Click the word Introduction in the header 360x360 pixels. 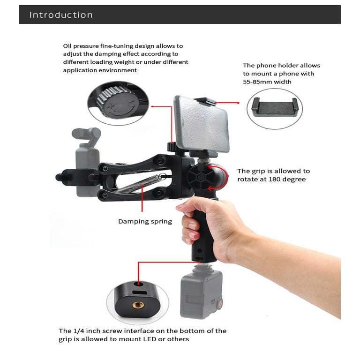coord(61,15)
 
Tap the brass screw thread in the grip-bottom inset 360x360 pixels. coord(138,305)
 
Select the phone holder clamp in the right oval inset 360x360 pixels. coord(275,107)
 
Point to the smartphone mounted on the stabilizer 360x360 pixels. coord(202,124)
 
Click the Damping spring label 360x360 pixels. coord(145,222)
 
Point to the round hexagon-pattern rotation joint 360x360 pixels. coord(201,177)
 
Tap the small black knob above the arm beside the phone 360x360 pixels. coord(172,147)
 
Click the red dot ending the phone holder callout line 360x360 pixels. coord(238,103)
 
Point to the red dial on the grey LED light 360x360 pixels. coord(219,304)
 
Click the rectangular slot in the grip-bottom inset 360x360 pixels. coord(139,292)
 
